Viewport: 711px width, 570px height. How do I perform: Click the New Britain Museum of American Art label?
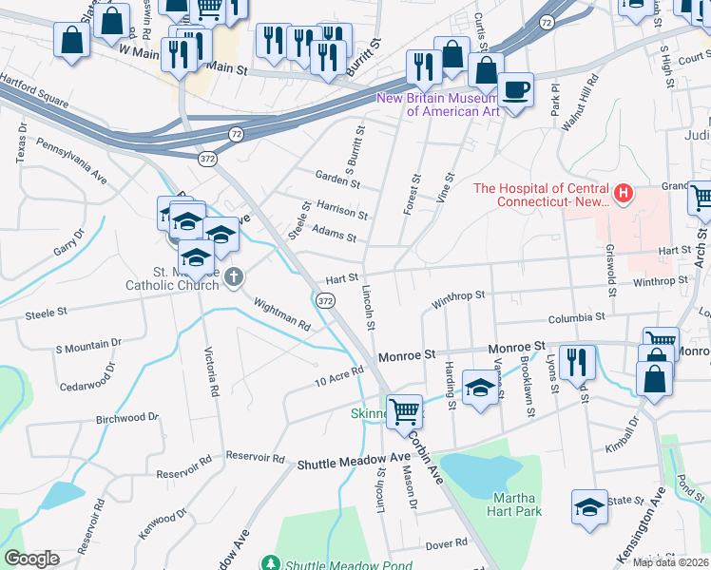coord(438,104)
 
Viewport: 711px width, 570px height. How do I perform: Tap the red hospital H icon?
coord(624,195)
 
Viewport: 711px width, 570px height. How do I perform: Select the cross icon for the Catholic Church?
coord(234,277)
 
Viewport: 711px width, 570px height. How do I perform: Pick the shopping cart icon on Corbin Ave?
coord(405,410)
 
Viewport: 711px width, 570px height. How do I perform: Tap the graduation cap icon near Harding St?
coord(480,388)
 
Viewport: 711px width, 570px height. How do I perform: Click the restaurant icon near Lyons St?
coord(577,362)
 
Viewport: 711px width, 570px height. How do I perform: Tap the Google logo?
coord(31,559)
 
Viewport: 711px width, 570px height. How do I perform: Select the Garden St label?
coord(337,180)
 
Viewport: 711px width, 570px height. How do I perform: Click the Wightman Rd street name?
coord(282,313)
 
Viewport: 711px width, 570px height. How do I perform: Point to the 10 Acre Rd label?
coord(340,377)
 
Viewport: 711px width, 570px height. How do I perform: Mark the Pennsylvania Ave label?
coord(72,161)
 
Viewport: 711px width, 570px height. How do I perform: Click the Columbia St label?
coord(575,316)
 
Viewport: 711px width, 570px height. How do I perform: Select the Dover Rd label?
coord(447,543)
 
